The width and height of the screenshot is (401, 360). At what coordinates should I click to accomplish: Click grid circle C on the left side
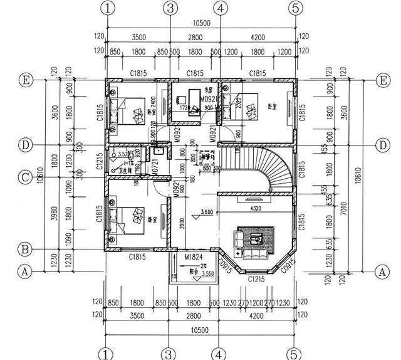point(24,178)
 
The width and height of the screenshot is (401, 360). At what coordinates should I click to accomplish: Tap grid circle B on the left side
point(24,250)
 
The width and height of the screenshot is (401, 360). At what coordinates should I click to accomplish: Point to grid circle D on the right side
point(383,145)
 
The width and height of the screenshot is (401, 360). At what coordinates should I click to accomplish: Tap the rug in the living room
point(256,238)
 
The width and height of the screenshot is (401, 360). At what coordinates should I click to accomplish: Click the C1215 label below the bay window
point(256,278)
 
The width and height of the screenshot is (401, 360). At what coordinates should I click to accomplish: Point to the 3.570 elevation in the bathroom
point(123,154)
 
